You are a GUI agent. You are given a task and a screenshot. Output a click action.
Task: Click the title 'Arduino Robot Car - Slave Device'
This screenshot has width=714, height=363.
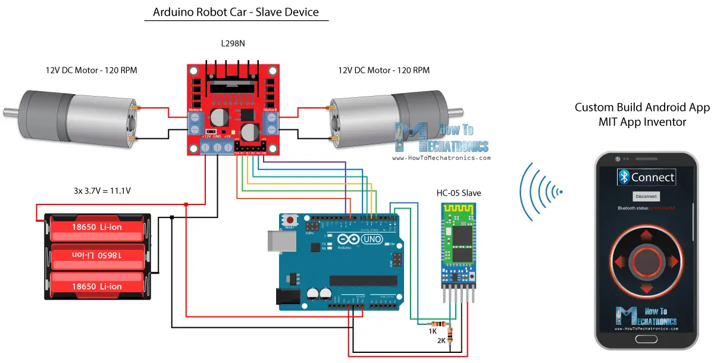[x=236, y=12]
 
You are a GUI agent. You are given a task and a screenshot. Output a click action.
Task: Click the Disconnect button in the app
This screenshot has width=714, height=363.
[x=646, y=196]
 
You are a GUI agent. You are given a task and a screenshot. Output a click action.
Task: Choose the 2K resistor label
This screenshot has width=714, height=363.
[x=441, y=341]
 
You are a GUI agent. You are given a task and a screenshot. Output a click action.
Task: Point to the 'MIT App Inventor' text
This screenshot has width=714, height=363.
[x=642, y=122]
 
